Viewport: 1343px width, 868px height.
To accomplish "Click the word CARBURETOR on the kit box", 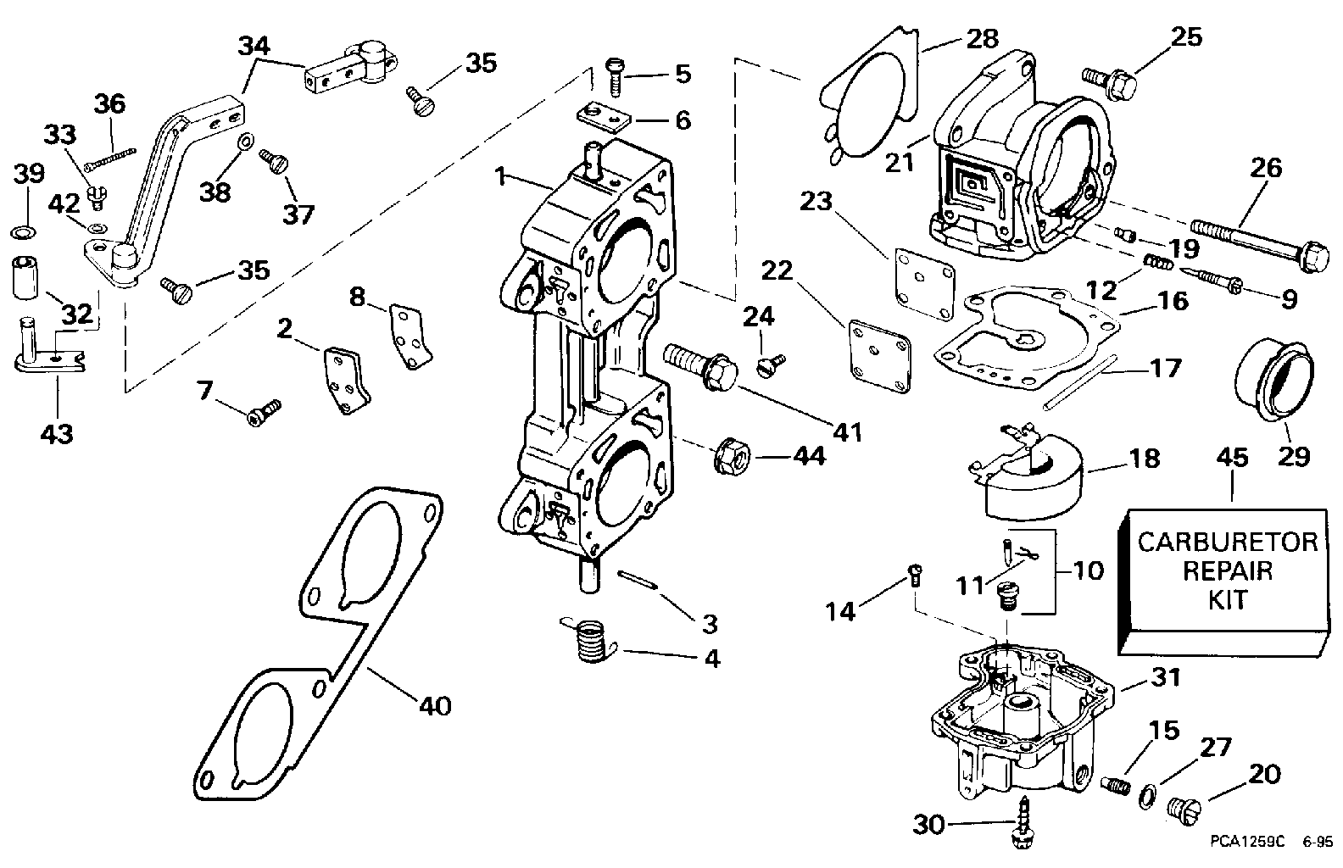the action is pyautogui.click(x=1228, y=542).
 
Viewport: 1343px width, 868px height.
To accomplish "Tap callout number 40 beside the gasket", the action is pyautogui.click(x=435, y=706).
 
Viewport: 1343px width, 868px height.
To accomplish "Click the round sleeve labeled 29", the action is pyautogui.click(x=1273, y=379).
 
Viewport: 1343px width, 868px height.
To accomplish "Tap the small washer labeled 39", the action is pyautogui.click(x=24, y=231).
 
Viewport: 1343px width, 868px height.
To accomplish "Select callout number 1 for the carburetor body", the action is pyautogui.click(x=501, y=177).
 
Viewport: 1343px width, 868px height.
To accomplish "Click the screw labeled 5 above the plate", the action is pyautogui.click(x=616, y=76).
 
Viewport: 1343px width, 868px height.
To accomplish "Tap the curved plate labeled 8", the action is pyautogui.click(x=410, y=336).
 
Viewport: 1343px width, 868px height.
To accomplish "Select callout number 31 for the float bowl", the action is pyautogui.click(x=1166, y=678).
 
